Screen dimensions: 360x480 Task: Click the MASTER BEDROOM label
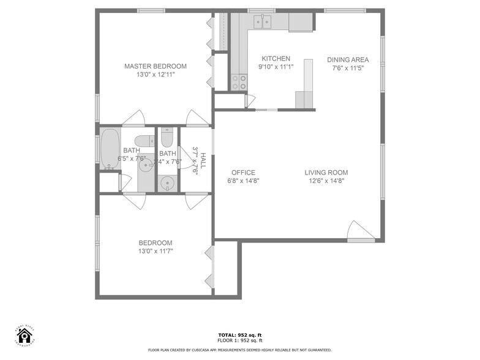click(156, 66)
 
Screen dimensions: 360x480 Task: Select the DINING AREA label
click(347, 60)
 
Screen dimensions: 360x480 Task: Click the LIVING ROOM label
click(326, 173)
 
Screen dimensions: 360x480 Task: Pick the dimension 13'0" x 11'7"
click(155, 251)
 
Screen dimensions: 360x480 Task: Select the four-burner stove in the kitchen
click(239, 82)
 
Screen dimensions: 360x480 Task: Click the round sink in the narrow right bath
click(167, 183)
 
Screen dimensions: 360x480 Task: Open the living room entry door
click(359, 231)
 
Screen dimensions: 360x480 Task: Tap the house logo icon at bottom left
click(24, 336)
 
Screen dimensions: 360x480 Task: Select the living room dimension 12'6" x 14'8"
click(326, 181)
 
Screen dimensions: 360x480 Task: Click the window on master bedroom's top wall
click(151, 10)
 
